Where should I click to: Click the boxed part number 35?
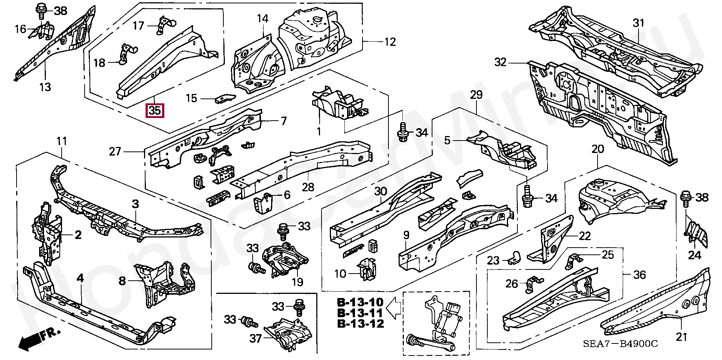(x=155, y=111)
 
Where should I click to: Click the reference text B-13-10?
(x=360, y=302)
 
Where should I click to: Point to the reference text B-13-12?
(x=360, y=324)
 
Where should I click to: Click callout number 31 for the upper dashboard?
(x=639, y=23)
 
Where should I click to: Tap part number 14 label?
(x=263, y=18)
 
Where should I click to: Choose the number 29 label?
(x=476, y=95)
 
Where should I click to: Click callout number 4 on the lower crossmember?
(x=80, y=278)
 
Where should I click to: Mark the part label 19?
(x=297, y=282)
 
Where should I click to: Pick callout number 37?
(x=256, y=339)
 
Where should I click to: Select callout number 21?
(x=681, y=337)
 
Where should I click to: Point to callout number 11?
(x=62, y=141)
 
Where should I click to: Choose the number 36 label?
(x=640, y=275)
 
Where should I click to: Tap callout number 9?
(x=406, y=236)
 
